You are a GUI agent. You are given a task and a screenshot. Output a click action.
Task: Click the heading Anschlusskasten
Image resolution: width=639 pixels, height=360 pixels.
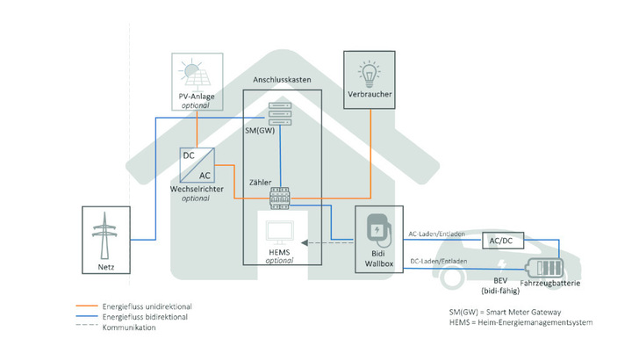(283, 80)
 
